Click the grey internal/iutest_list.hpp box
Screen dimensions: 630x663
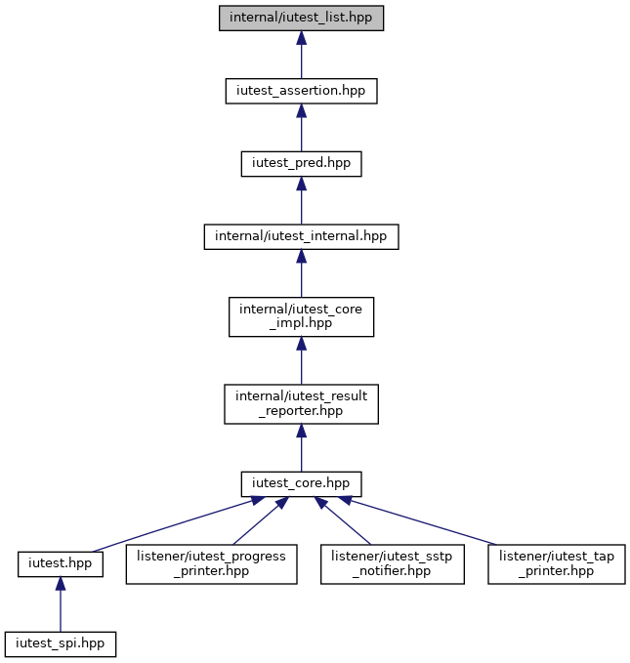301,19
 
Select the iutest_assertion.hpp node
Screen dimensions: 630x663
301,91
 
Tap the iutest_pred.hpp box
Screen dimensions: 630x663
301,164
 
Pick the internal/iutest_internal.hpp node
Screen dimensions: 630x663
301,236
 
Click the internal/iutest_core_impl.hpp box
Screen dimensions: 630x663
301,316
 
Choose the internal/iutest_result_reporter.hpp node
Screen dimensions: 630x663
301,404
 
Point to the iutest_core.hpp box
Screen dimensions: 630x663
301,484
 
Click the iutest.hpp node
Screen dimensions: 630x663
61,564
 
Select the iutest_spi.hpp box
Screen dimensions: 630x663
61,644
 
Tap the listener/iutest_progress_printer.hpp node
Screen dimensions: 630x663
212,564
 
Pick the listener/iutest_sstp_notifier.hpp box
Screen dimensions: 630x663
393,564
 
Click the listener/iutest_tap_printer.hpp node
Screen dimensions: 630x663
557,564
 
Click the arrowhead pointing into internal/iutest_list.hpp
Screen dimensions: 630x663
301,38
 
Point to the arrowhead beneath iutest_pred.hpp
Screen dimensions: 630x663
301,184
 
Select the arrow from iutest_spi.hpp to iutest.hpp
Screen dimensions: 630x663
61,604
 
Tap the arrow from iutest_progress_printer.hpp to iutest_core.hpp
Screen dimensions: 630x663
261,521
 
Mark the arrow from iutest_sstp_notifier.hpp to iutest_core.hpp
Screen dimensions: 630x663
342,521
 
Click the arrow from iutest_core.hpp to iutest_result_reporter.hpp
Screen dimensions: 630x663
301,448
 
